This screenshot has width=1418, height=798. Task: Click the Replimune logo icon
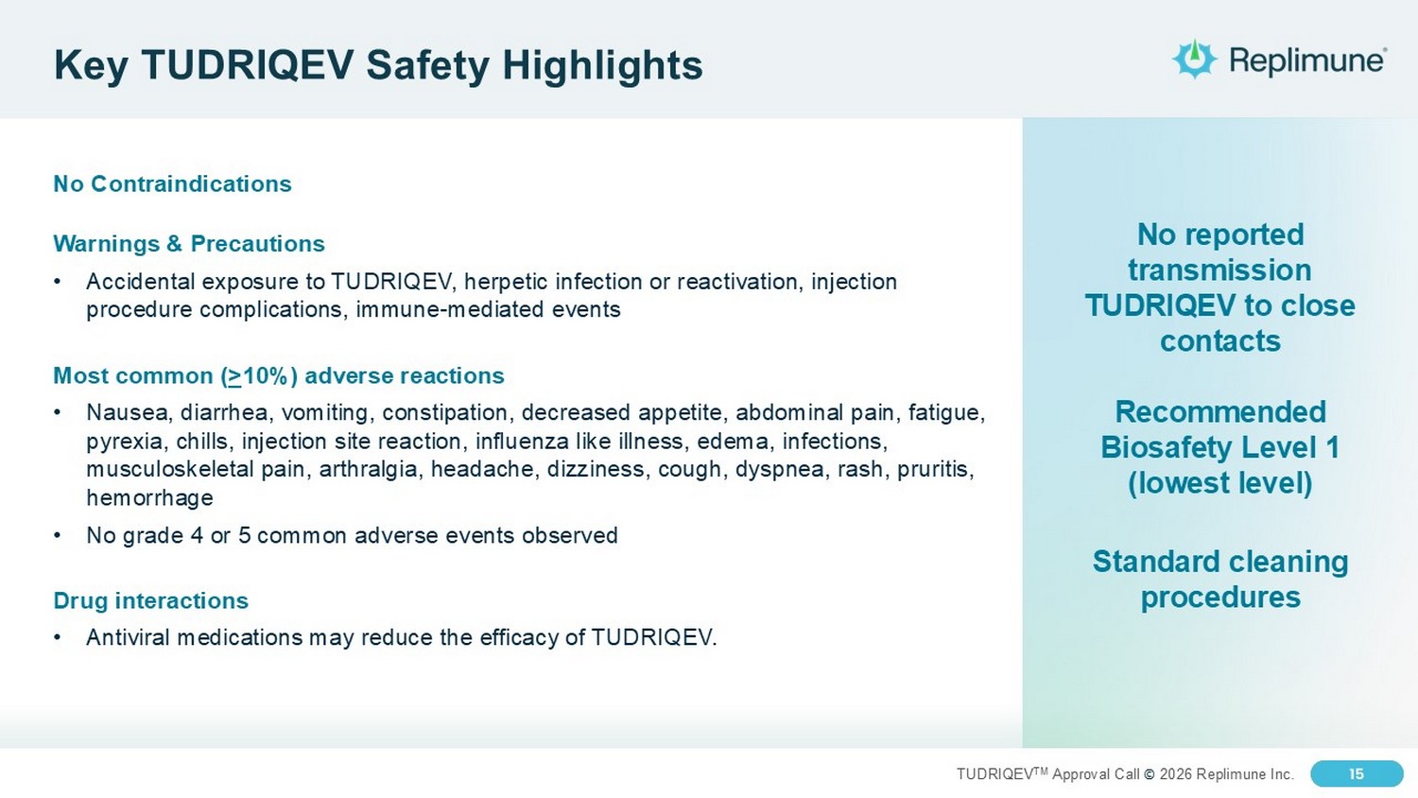tap(1194, 59)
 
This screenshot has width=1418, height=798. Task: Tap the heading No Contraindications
tap(172, 183)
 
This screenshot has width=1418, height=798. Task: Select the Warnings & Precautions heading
tap(189, 243)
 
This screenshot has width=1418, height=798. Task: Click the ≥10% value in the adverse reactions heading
tap(259, 375)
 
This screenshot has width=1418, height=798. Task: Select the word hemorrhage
tap(149, 497)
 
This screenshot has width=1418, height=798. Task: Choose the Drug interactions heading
tap(150, 600)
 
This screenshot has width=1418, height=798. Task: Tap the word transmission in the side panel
tap(1219, 270)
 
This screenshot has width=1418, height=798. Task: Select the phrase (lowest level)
tap(1219, 483)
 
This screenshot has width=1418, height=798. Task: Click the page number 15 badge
tap(1357, 774)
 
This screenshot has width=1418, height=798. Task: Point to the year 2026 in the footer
tap(1176, 774)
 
